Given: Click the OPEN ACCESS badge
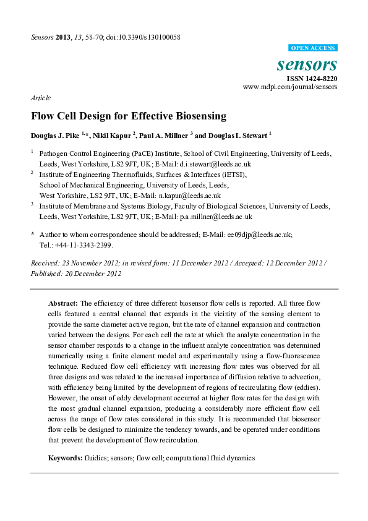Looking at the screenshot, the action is click(313, 48).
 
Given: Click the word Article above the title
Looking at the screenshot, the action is click(40, 98).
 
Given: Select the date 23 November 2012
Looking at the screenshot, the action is click(87, 263).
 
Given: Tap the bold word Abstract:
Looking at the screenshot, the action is click(63, 303).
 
